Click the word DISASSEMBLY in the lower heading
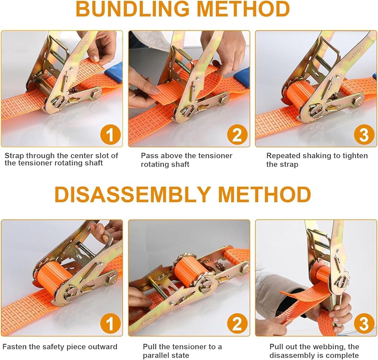tap(133, 194)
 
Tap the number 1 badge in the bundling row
tap(110, 135)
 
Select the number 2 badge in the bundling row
tap(237, 135)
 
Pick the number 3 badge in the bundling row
tap(364, 135)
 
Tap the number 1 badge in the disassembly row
tap(110, 324)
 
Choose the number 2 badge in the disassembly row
tap(237, 324)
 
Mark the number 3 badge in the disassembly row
tap(364, 324)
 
